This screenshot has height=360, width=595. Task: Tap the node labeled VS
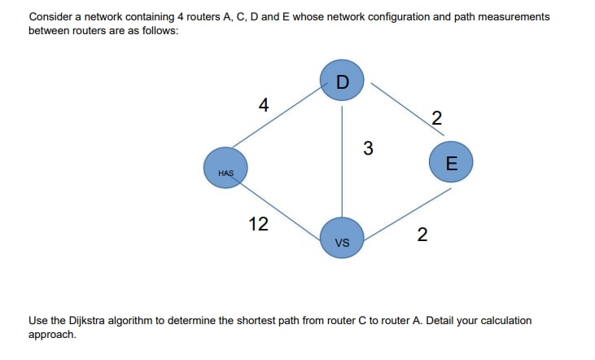point(342,239)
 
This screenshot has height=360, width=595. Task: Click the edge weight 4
point(262,105)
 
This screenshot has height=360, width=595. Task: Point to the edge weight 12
point(258,224)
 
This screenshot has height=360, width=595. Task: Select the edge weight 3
point(368,148)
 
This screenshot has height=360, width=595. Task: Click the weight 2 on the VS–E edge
point(421,235)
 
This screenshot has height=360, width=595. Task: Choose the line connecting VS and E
point(407,213)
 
